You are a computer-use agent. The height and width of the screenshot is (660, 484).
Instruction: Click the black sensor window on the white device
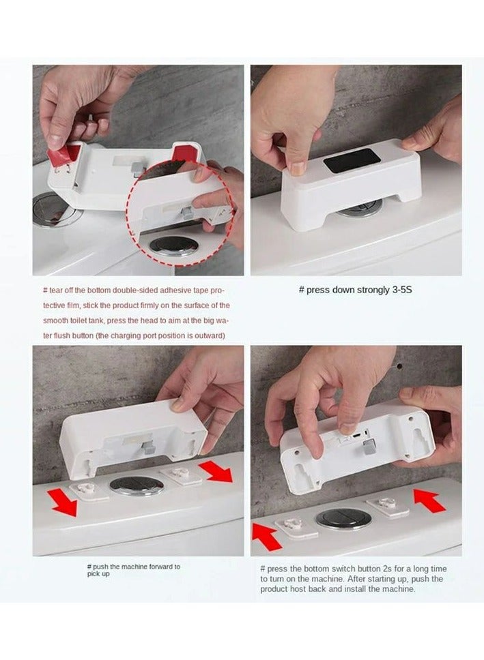[x=352, y=160]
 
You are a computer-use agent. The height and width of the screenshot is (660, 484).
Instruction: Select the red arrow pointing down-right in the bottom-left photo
[x=216, y=471]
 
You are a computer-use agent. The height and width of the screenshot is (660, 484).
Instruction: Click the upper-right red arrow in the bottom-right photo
[x=429, y=500]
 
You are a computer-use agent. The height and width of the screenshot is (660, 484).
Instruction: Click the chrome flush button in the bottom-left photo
[x=137, y=485]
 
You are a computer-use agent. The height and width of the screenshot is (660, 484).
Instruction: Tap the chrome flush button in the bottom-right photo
[x=343, y=519]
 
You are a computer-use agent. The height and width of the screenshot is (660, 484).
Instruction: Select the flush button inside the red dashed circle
[x=173, y=246]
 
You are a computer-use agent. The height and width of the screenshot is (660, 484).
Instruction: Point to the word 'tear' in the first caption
[x=55, y=290]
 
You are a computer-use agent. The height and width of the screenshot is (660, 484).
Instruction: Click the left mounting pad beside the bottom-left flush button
[x=89, y=490]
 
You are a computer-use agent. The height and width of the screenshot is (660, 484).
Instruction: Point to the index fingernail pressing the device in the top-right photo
[x=299, y=168]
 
